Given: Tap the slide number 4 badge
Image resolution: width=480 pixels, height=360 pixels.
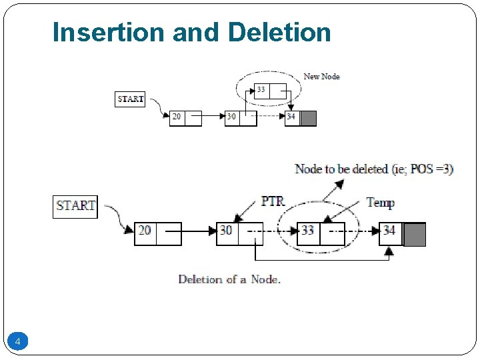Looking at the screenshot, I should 17,342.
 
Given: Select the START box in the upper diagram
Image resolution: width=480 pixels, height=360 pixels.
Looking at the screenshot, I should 130,99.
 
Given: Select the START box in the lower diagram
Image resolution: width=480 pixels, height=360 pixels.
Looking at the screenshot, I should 75,205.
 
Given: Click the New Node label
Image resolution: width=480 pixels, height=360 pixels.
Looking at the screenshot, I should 321,77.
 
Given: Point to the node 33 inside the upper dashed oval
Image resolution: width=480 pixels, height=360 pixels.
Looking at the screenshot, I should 261,90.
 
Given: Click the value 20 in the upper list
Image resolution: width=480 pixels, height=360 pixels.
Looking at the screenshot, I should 177,117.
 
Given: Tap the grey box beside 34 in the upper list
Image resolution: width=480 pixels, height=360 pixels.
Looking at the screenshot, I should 309,118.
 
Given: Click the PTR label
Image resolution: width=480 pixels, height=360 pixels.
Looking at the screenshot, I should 273,200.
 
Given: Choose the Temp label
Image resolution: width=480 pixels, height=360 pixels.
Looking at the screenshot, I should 380,203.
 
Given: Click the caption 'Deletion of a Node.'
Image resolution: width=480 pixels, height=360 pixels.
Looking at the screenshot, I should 229,279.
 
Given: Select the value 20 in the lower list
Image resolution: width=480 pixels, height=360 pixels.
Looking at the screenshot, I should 145,231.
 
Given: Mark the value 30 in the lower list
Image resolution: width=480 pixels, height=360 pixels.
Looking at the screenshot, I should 227,231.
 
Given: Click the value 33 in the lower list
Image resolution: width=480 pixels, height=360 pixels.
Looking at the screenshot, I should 308,231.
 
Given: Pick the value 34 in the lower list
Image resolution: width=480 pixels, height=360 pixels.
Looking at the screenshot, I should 389,231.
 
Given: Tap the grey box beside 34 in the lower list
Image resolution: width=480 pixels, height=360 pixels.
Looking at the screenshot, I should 415,233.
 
